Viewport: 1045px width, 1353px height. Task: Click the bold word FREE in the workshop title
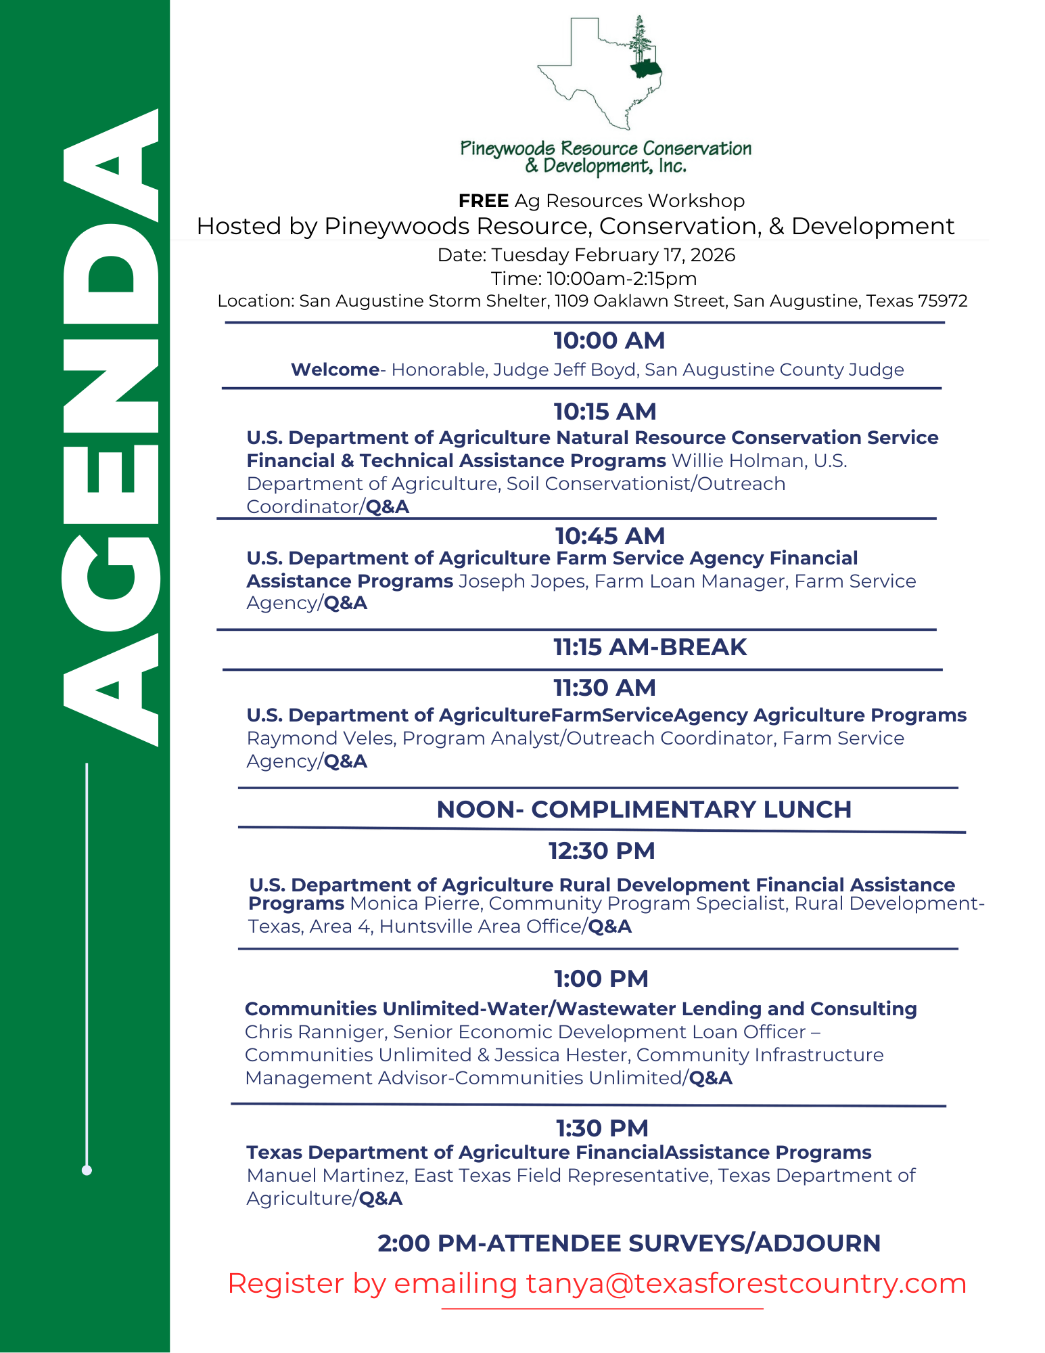[x=483, y=201]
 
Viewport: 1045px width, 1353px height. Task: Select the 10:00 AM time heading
[x=609, y=340]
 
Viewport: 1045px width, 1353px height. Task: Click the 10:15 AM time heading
[x=605, y=412]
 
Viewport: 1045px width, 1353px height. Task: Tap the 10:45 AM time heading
[x=609, y=536]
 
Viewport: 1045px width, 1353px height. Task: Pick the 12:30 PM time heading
[x=601, y=851]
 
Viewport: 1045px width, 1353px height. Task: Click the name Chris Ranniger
[x=315, y=1032]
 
